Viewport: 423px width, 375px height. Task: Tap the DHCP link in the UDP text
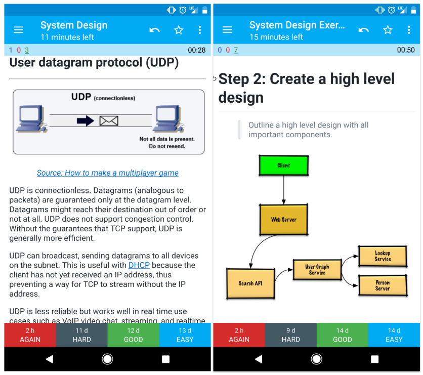point(139,265)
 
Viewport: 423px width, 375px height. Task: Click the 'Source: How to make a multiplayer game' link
point(108,173)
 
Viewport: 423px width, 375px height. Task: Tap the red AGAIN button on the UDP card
point(30,335)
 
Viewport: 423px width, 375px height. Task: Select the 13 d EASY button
point(185,335)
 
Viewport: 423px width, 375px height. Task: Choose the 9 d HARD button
point(290,335)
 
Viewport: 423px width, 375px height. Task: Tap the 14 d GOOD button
point(343,335)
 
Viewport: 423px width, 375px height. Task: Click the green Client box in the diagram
point(283,165)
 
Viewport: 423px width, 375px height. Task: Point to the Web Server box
point(283,220)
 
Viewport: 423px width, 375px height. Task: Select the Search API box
point(250,283)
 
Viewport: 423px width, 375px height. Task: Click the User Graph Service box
point(317,270)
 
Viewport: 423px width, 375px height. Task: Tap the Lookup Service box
point(383,256)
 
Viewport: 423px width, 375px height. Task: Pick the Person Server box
point(383,285)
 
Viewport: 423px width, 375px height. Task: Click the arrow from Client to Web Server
point(283,190)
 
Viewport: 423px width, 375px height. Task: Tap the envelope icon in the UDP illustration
point(109,121)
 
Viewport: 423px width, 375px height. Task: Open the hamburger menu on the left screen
point(18,30)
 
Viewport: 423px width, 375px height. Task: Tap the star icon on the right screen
point(388,30)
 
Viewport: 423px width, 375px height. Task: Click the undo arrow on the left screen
point(155,30)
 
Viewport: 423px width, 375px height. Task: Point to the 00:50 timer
point(406,50)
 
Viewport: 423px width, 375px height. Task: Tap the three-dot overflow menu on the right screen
point(409,30)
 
